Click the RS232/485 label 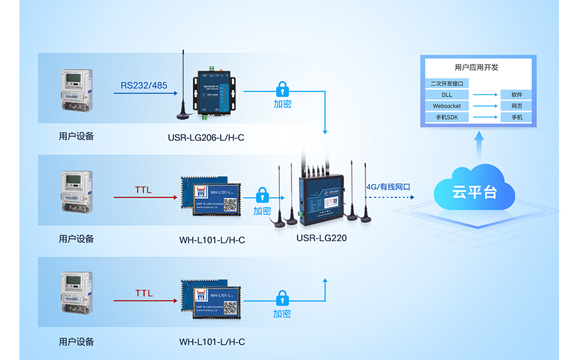(x=143, y=85)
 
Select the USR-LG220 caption (x=322, y=238)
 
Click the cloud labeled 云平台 (x=474, y=191)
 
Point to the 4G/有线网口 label (x=389, y=187)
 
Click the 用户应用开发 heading (x=476, y=67)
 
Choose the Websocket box (x=447, y=106)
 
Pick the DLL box (x=447, y=94)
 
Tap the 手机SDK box (x=447, y=118)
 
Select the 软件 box (x=517, y=94)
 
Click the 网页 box (x=517, y=106)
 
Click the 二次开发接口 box (x=447, y=84)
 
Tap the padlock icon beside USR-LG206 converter (x=282, y=88)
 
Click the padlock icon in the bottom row (x=282, y=298)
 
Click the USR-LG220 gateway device (x=322, y=193)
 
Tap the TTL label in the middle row (x=143, y=190)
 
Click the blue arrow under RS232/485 (x=145, y=94)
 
